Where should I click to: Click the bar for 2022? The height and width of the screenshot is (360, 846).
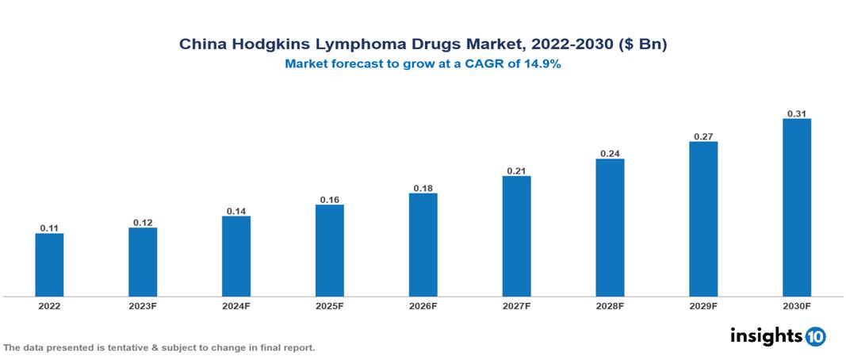click(49, 265)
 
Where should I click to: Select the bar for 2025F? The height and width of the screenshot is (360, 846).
click(329, 251)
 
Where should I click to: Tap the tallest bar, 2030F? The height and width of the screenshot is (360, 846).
click(797, 208)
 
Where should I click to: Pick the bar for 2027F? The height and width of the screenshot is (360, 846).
click(516, 236)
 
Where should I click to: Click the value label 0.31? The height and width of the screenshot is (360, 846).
click(797, 113)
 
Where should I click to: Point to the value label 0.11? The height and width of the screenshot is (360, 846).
click(49, 228)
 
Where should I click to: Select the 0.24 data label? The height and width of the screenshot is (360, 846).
click(610, 153)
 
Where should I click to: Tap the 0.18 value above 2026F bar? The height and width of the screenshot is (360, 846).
click(423, 188)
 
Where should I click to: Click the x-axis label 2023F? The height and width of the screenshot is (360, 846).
click(143, 306)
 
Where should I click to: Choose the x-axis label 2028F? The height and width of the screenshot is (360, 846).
click(610, 306)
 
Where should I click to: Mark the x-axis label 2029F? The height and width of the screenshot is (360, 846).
click(703, 306)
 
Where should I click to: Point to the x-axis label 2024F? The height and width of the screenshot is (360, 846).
click(236, 306)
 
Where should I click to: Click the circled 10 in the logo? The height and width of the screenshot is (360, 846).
click(815, 337)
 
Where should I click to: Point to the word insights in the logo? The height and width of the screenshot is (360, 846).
click(766, 336)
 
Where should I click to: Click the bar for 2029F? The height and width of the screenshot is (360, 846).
click(703, 219)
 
